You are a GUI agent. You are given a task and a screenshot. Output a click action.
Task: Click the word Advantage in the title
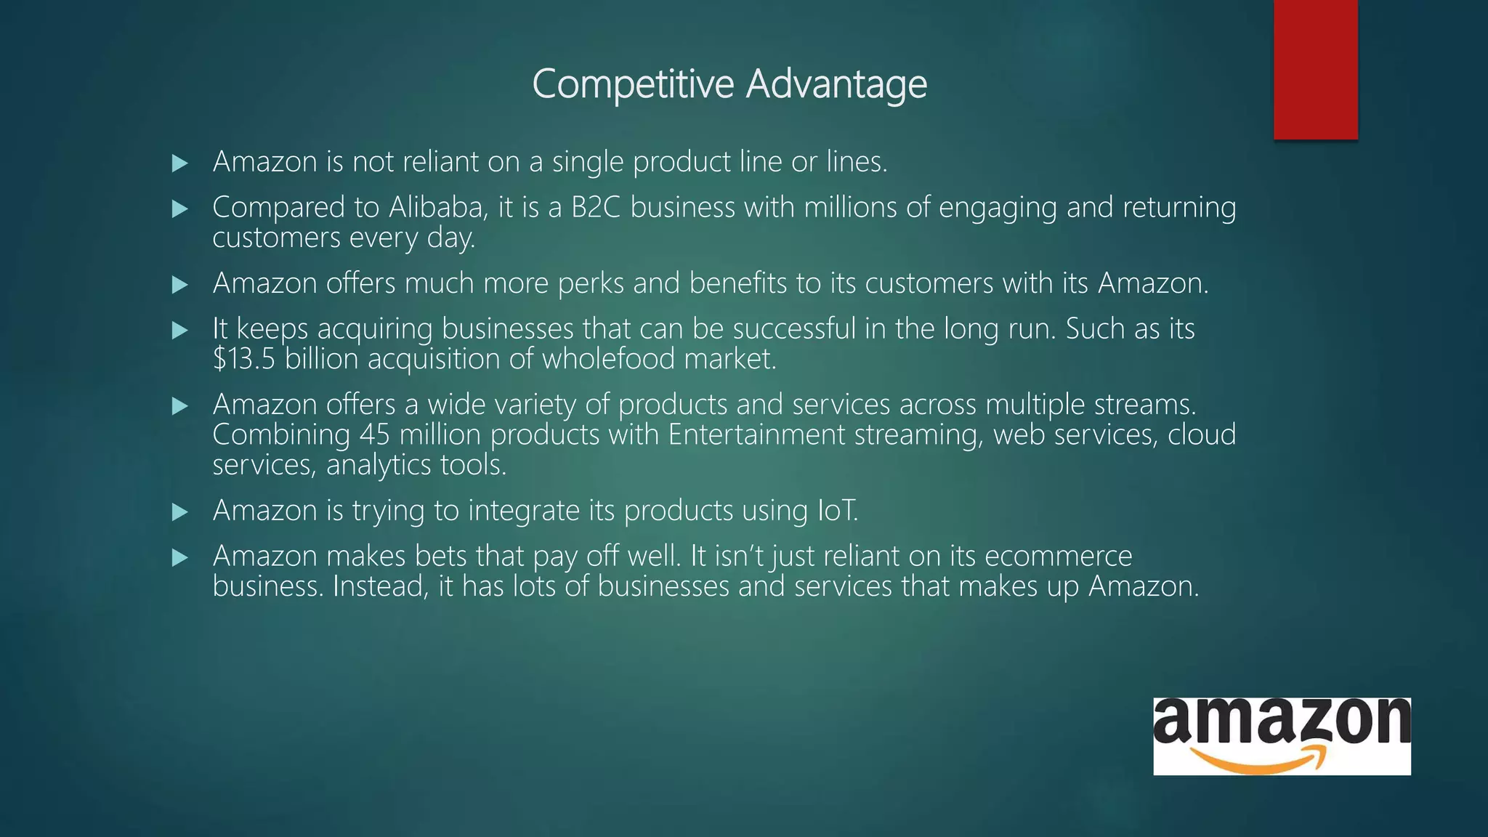[836, 84]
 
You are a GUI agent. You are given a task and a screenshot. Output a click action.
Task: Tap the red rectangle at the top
[1315, 69]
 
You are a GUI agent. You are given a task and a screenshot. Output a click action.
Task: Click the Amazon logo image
[1282, 736]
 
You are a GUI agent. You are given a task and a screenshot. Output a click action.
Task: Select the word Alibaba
[437, 208]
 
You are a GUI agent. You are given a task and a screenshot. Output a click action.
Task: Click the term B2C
[596, 208]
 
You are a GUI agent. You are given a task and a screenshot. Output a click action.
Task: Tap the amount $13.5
[244, 359]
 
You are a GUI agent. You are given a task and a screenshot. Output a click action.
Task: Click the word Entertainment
[756, 434]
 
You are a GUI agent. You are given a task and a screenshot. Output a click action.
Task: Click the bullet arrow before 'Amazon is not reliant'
[180, 163]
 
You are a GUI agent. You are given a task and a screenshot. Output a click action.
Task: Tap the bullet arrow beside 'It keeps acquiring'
[180, 331]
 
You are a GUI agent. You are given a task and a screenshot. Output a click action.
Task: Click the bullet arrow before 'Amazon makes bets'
[180, 558]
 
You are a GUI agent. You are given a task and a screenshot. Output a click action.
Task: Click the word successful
[793, 329]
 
